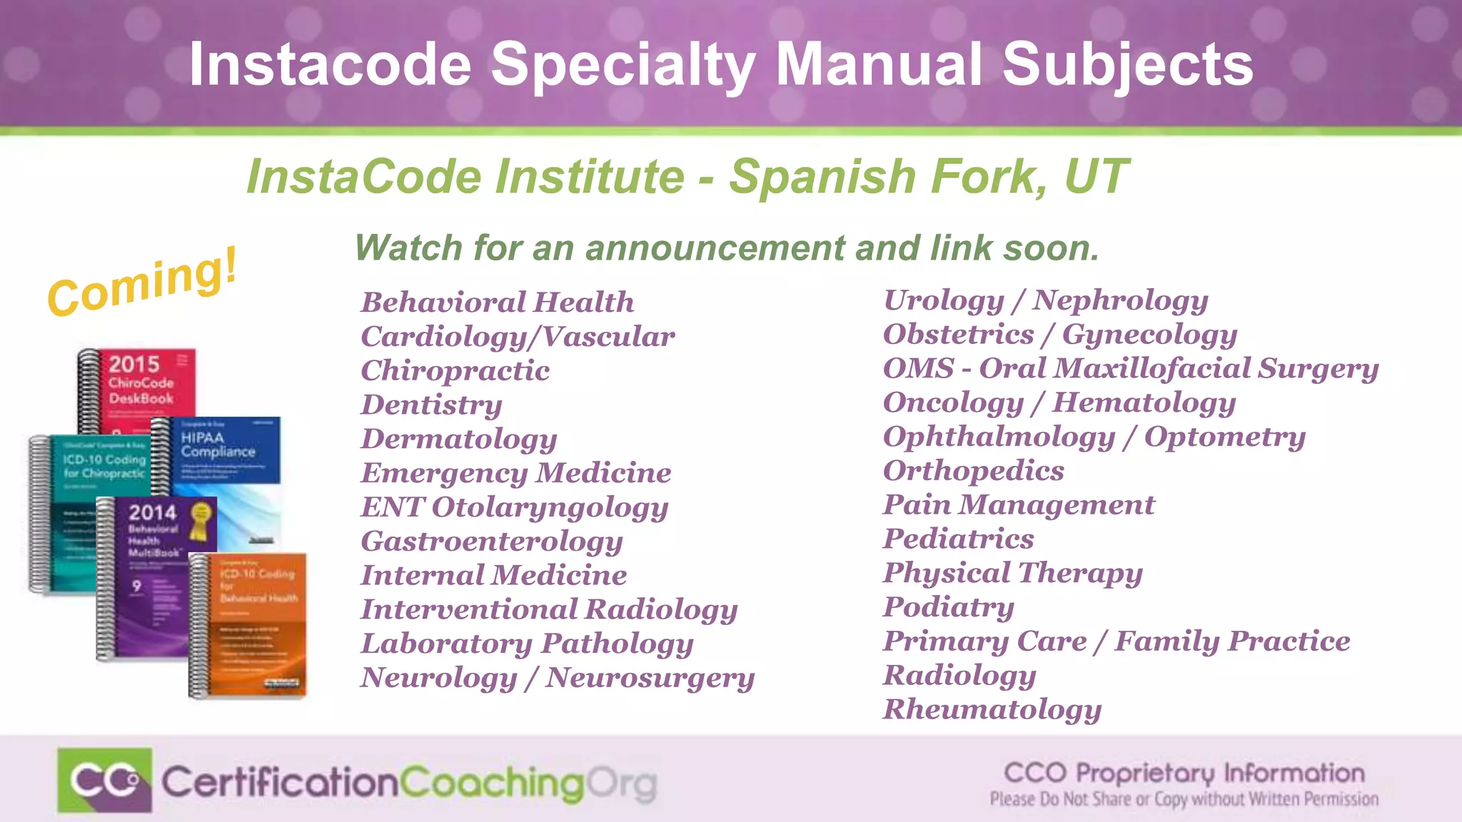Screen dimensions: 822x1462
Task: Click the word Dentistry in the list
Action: (431, 405)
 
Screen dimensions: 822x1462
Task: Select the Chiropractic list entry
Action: (455, 370)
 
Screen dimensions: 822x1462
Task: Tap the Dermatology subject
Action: (458, 439)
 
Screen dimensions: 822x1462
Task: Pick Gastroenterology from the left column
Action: (491, 542)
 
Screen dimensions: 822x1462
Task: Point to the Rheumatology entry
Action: (992, 709)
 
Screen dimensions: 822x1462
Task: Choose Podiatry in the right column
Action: (948, 607)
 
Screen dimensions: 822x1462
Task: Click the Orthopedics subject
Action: (973, 471)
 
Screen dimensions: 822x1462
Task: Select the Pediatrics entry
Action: (958, 539)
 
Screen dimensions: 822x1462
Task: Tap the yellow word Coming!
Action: (142, 283)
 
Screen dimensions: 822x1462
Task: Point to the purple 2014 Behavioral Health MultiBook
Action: (146, 571)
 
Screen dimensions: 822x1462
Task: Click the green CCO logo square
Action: (104, 780)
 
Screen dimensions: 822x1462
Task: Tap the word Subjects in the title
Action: (1127, 65)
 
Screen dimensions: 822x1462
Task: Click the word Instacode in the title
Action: (330, 65)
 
